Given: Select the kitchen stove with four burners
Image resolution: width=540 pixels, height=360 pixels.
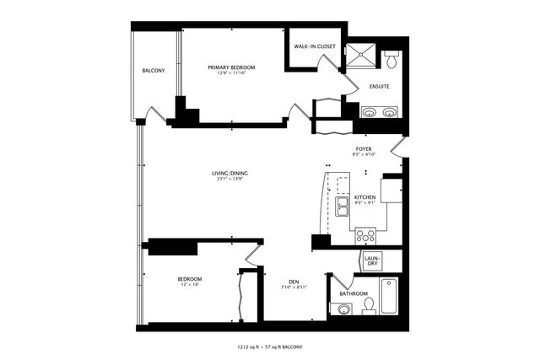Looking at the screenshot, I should tap(366, 236).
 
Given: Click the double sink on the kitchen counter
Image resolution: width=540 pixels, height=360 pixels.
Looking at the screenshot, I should tap(342, 207).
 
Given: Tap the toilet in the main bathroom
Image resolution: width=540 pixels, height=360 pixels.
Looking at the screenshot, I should tap(369, 307).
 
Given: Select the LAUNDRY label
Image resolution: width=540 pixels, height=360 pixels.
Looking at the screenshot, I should tap(372, 261).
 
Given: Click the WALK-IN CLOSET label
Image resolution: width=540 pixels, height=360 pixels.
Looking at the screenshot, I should tap(315, 47).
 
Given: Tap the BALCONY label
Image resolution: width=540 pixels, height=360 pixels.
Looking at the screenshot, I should tap(154, 70).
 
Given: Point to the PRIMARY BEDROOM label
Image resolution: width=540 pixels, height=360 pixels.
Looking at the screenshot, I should tap(231, 67).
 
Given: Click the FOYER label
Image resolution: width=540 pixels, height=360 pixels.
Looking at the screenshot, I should tap(364, 148).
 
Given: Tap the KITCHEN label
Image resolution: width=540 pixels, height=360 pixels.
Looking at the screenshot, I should tap(364, 197).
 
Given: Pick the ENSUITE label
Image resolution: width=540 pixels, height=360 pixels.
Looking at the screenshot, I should tap(379, 85).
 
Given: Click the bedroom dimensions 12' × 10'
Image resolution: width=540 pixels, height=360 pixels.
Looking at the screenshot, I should tap(189, 285).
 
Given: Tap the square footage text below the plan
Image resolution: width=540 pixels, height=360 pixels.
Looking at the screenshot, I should tap(269, 347).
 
